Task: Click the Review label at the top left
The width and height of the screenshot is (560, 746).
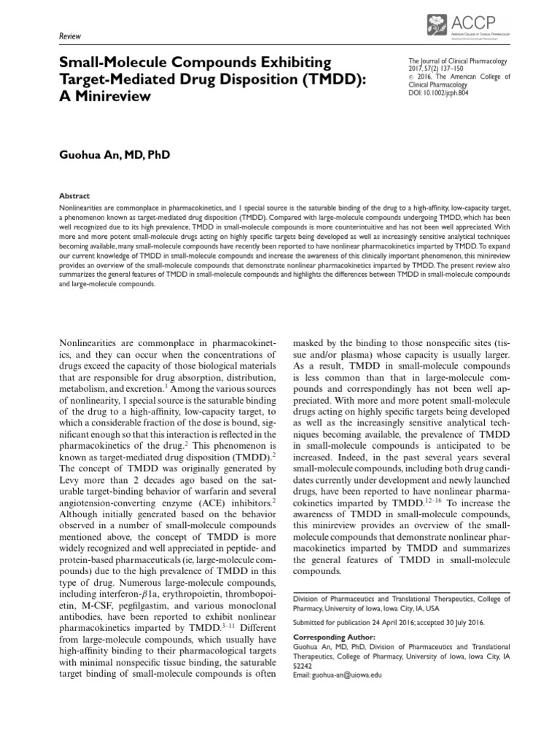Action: click(69, 36)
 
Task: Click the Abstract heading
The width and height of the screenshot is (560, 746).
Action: click(74, 196)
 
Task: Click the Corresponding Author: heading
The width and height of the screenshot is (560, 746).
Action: click(330, 636)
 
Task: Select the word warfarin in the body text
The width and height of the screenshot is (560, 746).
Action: click(192, 514)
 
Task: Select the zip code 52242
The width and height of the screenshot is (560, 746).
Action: click(303, 666)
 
